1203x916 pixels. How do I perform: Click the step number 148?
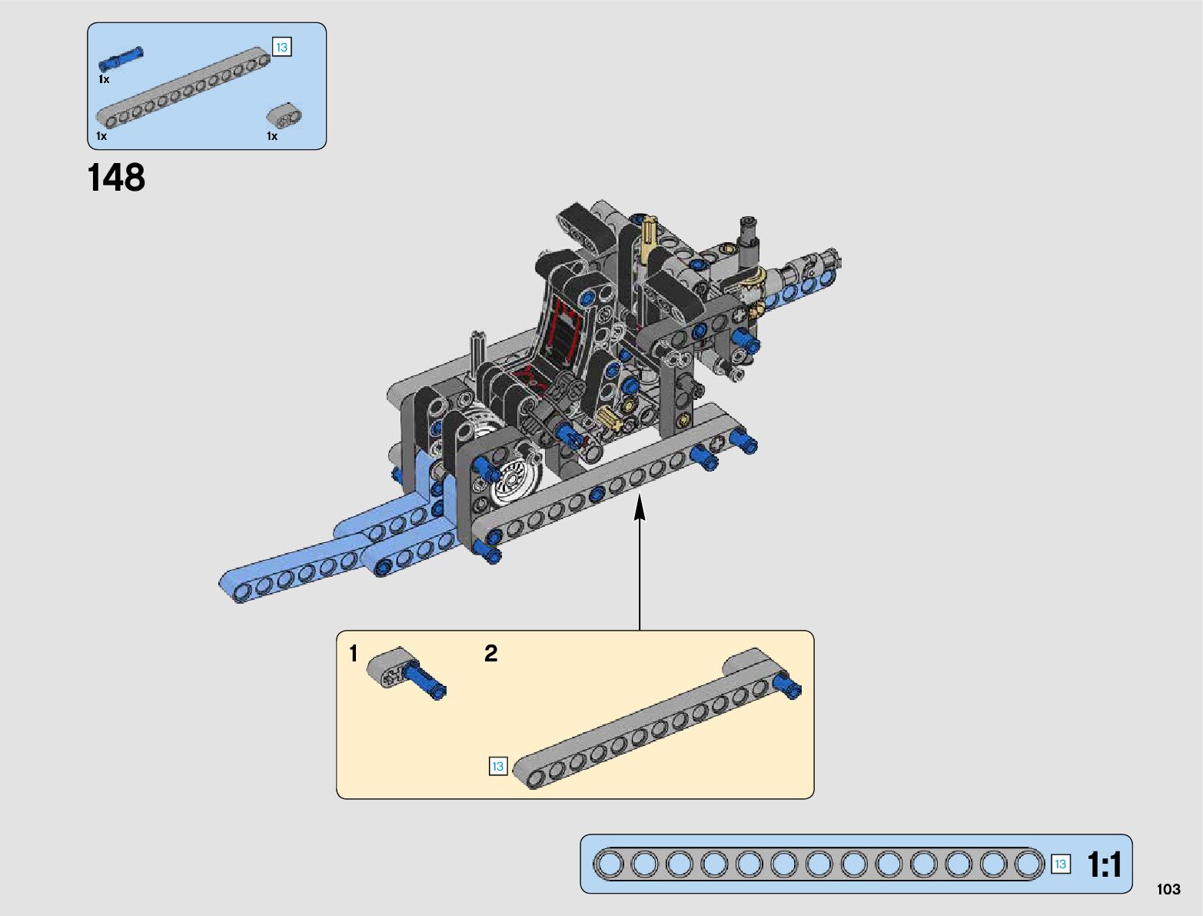point(116,177)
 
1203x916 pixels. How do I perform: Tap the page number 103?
point(1168,889)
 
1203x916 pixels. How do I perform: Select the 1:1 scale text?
point(1105,864)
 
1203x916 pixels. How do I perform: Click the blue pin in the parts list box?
point(121,58)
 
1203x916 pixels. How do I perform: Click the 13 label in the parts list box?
point(281,47)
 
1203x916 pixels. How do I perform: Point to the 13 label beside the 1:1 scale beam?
point(1061,864)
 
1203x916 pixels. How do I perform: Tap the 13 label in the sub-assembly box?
point(497,766)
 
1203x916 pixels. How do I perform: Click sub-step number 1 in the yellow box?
point(354,654)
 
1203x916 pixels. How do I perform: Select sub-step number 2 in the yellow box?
point(491,654)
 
